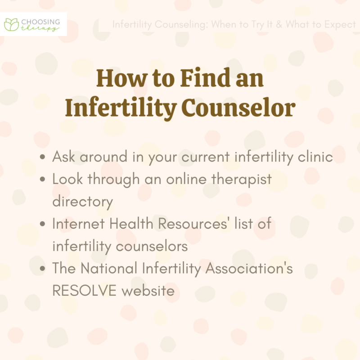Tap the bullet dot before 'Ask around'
click(x=43, y=157)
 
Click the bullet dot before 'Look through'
click(x=43, y=179)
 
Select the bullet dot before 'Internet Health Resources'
click(x=43, y=224)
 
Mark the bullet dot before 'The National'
click(x=43, y=269)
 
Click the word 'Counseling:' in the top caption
click(x=174, y=24)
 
